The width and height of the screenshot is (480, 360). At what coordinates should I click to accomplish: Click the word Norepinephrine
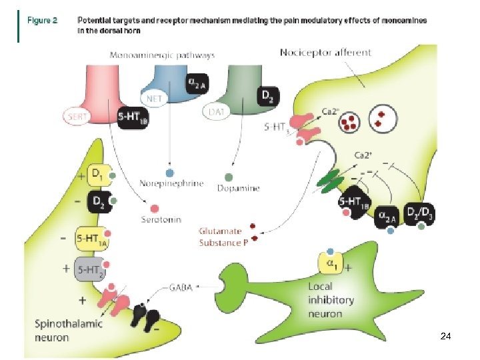click(171, 184)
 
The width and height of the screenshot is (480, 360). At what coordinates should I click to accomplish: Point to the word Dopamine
click(238, 189)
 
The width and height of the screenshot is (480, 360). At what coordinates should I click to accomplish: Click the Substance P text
click(223, 243)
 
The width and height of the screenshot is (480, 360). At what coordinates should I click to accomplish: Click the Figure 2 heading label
click(43, 21)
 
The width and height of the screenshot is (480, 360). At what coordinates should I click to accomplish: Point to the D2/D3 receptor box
click(421, 213)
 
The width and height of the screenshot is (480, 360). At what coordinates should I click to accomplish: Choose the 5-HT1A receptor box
click(93, 237)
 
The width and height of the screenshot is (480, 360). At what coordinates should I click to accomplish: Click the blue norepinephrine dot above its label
click(170, 172)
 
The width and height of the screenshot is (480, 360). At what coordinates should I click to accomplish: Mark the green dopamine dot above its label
click(229, 177)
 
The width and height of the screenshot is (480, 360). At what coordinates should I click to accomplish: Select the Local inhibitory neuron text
click(331, 299)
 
